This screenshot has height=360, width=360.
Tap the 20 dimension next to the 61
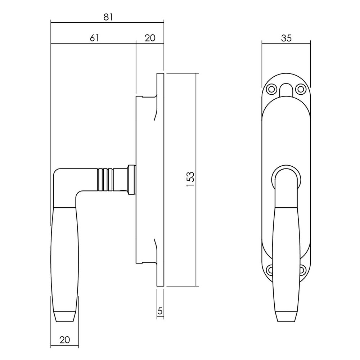coord(150,38)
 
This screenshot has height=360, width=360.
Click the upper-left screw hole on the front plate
coord(271,88)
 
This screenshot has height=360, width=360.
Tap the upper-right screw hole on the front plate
coord(300,88)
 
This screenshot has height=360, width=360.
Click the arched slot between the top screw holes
coord(285,90)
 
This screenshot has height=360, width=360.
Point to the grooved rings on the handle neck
coord(104,179)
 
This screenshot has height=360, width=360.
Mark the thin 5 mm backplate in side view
coord(161,180)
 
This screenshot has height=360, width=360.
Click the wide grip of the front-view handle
coord(286,252)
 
